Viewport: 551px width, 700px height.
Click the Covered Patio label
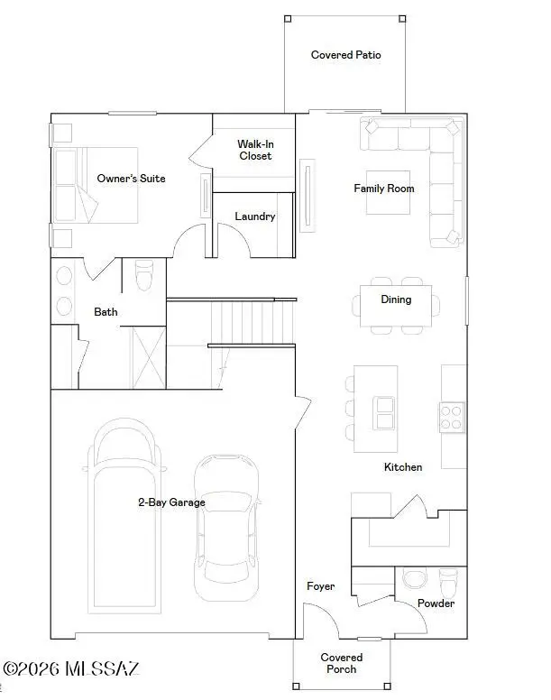[x=345, y=55]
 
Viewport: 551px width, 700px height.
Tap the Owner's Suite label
[x=131, y=179]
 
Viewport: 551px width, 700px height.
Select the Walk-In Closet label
[x=255, y=150]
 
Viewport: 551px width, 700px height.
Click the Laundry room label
[x=255, y=216]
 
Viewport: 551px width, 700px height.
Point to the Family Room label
[x=384, y=189]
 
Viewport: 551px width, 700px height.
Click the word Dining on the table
[x=396, y=299]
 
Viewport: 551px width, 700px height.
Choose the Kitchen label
[x=403, y=466]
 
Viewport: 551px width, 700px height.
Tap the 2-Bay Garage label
[x=171, y=502]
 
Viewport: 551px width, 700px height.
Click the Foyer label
[x=320, y=586]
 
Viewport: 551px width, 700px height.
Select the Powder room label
[x=436, y=603]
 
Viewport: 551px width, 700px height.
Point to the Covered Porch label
[x=342, y=663]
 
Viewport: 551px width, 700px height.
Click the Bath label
[x=106, y=312]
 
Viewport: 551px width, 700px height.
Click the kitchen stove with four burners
[x=451, y=416]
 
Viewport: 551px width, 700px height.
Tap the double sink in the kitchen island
[x=385, y=413]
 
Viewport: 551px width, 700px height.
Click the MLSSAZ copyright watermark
[x=71, y=668]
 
